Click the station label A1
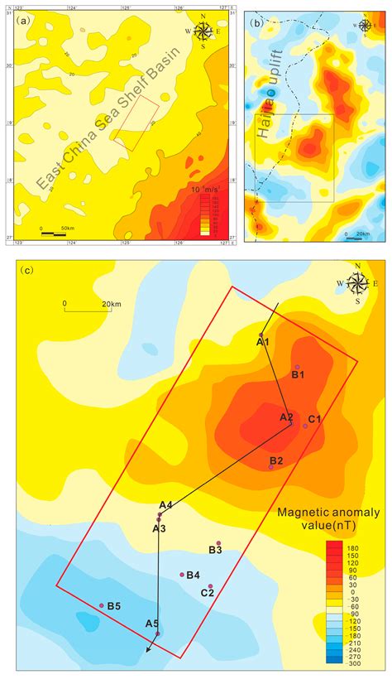(x=262, y=341)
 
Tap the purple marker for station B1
(x=297, y=367)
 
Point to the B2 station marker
(x=271, y=468)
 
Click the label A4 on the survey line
(x=165, y=505)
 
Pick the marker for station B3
(x=218, y=543)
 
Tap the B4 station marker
(x=182, y=575)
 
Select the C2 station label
(x=208, y=593)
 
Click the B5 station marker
(x=102, y=605)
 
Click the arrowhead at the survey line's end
(x=149, y=651)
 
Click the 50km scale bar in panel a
(x=53, y=233)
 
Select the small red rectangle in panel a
(x=136, y=122)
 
